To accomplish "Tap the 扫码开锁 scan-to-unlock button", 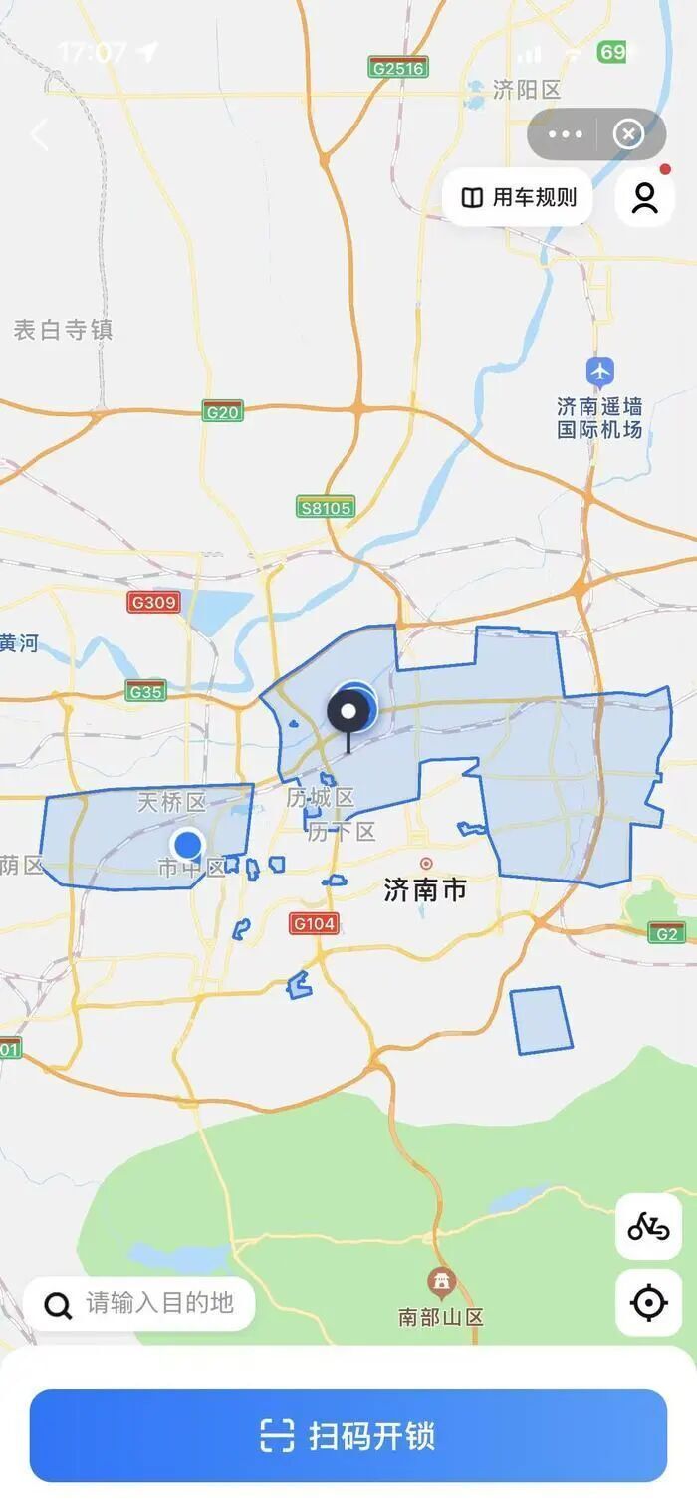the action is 348,1435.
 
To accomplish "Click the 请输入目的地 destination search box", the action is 139,1303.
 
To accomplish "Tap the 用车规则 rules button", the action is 518,197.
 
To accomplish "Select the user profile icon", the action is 645,197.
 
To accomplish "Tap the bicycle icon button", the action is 648,1227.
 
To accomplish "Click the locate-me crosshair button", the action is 648,1302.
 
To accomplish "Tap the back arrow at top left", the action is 40,134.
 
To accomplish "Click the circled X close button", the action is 628,134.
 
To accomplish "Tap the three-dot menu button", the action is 565,134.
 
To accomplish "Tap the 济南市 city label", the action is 425,889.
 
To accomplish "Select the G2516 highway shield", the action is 397,68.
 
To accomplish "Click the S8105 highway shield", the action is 325,507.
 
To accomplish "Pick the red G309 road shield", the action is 152,602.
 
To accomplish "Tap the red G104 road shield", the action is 314,923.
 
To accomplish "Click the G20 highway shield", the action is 222,412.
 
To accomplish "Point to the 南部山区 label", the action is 440,1316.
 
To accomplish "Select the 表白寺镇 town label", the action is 63,330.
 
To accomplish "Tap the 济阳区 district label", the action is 526,90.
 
